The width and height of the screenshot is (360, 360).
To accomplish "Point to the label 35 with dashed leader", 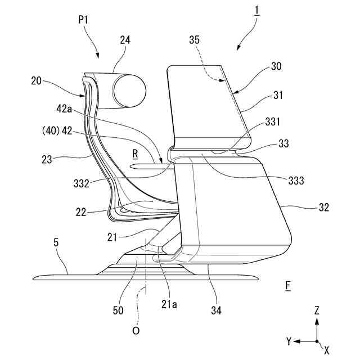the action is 194,40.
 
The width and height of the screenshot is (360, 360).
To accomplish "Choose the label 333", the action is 294,181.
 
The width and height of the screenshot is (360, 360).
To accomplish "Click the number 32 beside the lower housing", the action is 323,207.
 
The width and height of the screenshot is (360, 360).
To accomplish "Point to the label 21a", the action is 169,304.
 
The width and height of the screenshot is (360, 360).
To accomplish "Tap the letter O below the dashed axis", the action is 136,331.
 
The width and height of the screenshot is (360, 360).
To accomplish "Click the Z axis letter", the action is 318,310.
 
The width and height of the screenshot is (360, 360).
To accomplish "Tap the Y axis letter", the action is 288,341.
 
